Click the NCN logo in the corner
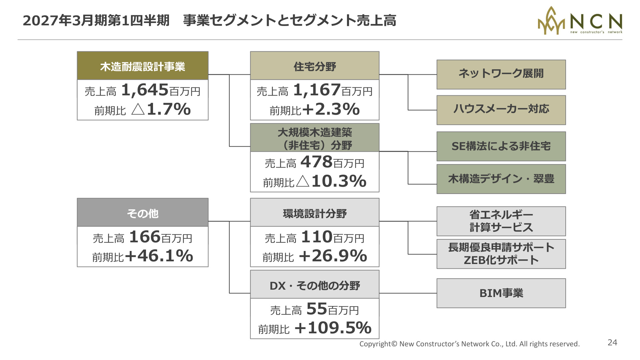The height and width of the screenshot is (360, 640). [x=580, y=21]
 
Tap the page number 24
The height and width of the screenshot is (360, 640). [x=612, y=342]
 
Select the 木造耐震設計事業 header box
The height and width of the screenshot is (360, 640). [x=143, y=66]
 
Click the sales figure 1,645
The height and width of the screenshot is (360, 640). [x=145, y=90]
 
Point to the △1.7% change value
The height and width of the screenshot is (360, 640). [x=161, y=109]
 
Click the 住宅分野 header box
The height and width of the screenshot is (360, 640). [x=315, y=66]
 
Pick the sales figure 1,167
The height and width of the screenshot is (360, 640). [x=317, y=90]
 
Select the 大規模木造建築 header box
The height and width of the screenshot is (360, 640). [x=315, y=138]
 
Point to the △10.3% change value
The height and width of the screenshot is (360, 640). [x=331, y=181]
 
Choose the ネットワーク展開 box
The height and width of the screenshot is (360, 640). [x=501, y=75]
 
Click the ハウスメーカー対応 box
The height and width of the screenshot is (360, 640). [x=501, y=110]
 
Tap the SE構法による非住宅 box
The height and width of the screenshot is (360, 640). [x=501, y=146]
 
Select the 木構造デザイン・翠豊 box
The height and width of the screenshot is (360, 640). [x=501, y=179]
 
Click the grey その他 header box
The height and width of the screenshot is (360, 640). [x=143, y=213]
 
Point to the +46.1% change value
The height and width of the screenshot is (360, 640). [x=159, y=256]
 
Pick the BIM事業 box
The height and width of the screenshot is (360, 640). [x=501, y=293]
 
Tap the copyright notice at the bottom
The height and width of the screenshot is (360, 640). [x=469, y=344]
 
